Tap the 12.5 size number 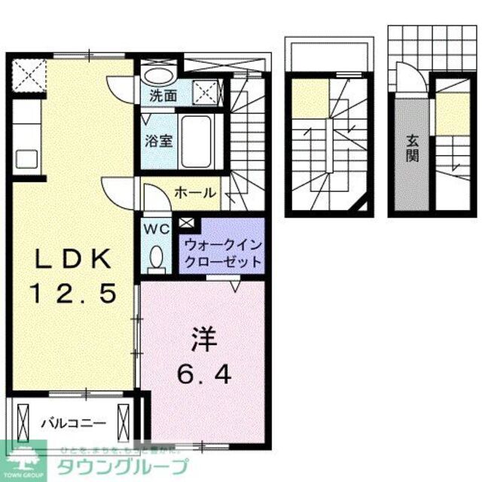pyautogui.click(x=74, y=292)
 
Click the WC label pyautogui.click(x=155, y=228)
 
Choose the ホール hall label pyautogui.click(x=196, y=194)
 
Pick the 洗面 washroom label pyautogui.click(x=162, y=96)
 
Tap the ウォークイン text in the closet pyautogui.click(x=221, y=245)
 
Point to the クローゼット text pyautogui.click(x=221, y=262)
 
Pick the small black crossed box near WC pyautogui.click(x=186, y=222)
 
